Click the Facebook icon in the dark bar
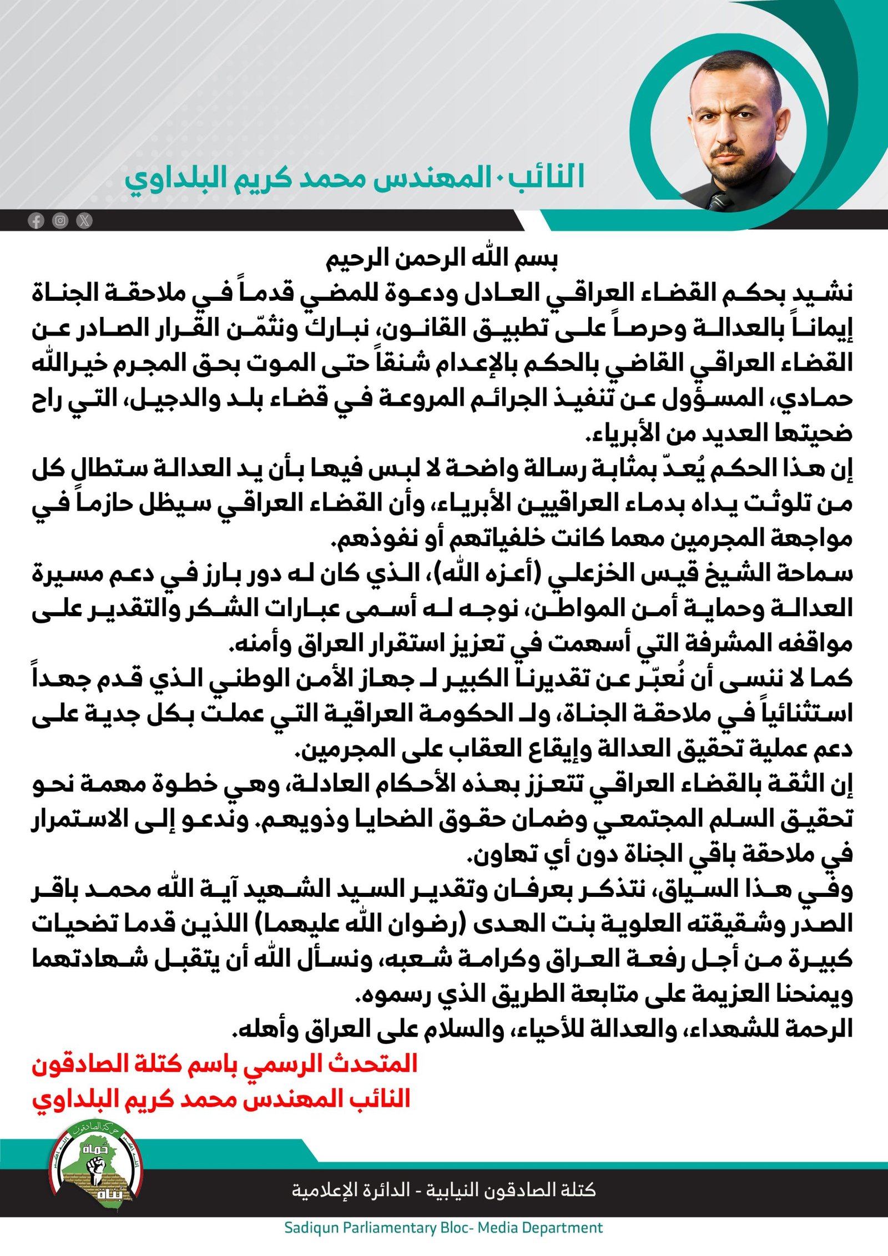[x=36, y=221]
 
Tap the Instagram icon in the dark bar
[x=60, y=221]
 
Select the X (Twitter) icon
[x=84, y=221]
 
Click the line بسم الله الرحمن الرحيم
[x=442, y=260]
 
